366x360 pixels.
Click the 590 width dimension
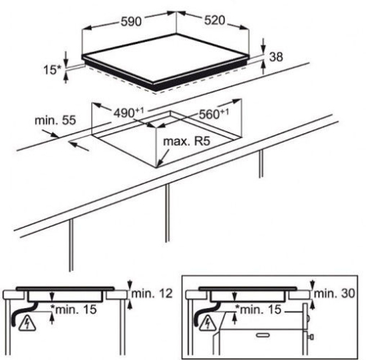point(131,22)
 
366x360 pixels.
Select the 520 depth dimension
point(214,20)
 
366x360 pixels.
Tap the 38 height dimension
point(276,57)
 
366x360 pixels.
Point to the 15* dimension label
point(53,70)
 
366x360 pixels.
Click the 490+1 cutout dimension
point(129,112)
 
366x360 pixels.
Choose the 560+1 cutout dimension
point(214,113)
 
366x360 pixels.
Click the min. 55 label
point(56,120)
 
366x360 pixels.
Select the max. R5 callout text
point(187,141)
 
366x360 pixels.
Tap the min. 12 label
point(152,293)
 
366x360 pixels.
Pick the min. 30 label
point(334,293)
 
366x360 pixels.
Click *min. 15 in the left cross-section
point(73,310)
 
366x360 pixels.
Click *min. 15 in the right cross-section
point(258,310)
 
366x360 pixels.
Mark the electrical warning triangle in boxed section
point(207,323)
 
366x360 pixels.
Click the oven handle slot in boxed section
point(263,335)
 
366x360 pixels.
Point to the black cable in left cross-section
point(23,313)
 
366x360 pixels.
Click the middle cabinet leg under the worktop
point(167,213)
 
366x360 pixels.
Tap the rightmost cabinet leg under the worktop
point(261,163)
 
